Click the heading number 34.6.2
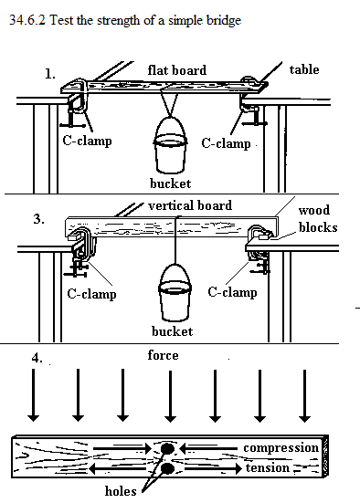[x=27, y=20]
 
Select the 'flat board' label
[x=177, y=70]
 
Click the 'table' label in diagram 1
[x=304, y=69]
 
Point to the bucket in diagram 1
[x=170, y=145]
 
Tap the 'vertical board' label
[x=190, y=205]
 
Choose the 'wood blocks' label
[x=318, y=219]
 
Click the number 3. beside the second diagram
[x=39, y=219]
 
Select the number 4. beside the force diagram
[x=37, y=358]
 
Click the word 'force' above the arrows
[x=163, y=355]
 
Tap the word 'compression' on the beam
[x=281, y=448]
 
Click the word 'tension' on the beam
[x=268, y=467]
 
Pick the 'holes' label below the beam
[x=121, y=491]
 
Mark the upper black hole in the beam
[x=167, y=448]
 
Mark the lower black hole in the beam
[x=167, y=468]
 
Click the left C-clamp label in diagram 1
[x=87, y=141]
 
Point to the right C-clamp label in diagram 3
[x=232, y=292]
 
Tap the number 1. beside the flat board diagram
[x=49, y=75]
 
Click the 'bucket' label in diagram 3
[x=173, y=331]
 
